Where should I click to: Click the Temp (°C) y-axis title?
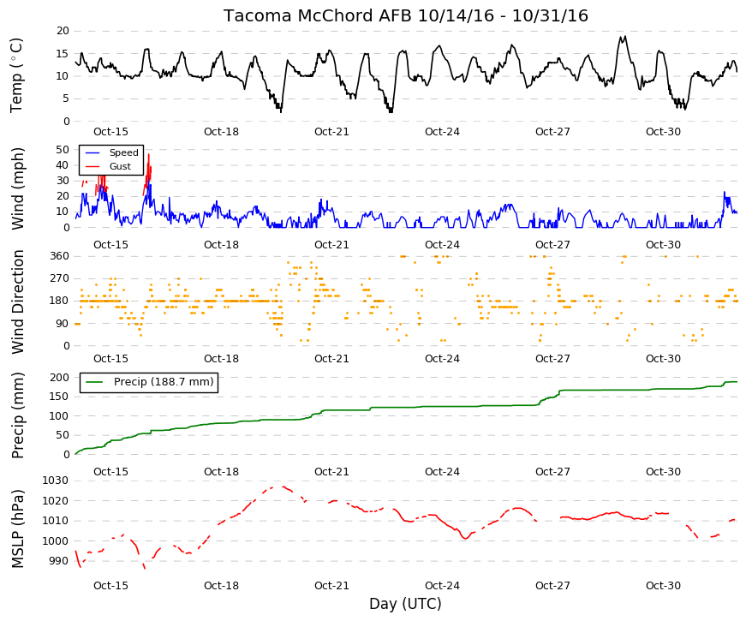[16, 75]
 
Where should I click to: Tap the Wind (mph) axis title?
[17, 189]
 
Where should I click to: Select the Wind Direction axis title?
[17, 302]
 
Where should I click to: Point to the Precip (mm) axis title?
[17, 415]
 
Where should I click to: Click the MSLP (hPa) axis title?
[17, 528]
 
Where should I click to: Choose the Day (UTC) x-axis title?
[405, 604]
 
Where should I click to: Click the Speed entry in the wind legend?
[123, 152]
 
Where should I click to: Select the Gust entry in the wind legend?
[120, 166]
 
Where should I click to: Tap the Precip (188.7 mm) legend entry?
[164, 382]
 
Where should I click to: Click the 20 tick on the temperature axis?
[63, 31]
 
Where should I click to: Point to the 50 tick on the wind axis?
[63, 149]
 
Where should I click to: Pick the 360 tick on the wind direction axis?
[60, 256]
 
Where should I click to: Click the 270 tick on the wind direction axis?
[60, 278]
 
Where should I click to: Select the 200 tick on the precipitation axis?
[60, 378]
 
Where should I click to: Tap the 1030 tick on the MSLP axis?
[56, 481]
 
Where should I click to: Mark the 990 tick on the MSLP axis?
[59, 562]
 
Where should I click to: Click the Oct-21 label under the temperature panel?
[331, 132]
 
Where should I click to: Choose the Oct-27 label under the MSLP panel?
[552, 586]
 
